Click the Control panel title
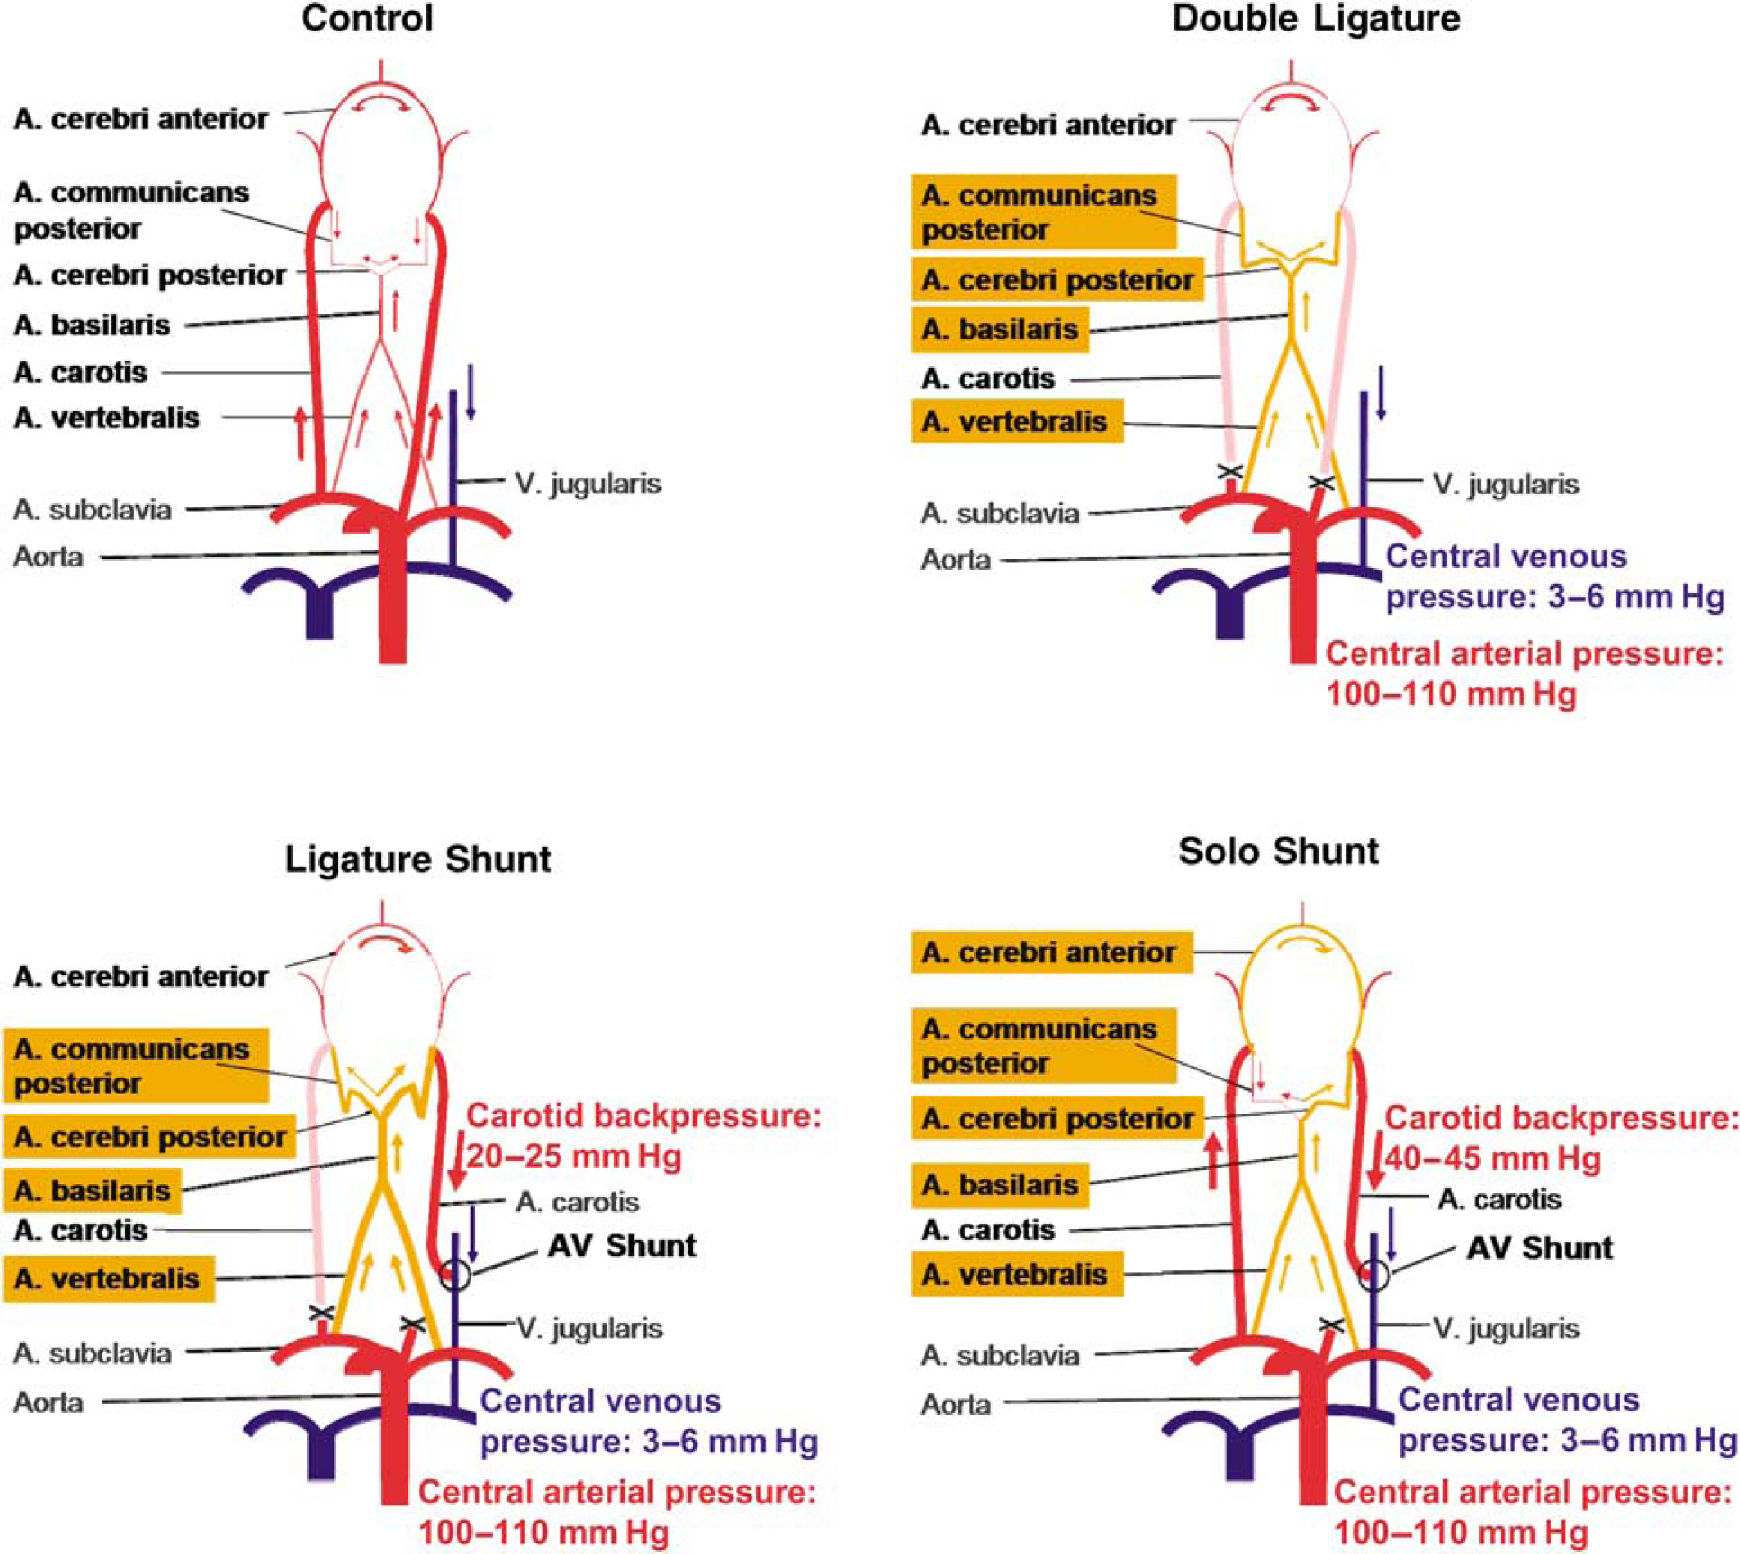[367, 19]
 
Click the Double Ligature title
[1315, 19]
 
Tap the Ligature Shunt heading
[417, 859]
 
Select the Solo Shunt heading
[1278, 852]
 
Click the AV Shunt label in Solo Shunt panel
[1539, 1247]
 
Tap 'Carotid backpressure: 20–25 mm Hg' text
[643, 1136]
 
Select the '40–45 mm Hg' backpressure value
[1492, 1159]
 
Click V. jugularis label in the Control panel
[588, 484]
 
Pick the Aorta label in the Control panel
[48, 557]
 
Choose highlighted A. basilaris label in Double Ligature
[1000, 329]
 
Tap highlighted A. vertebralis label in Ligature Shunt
[108, 1279]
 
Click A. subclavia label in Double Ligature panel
[1000, 513]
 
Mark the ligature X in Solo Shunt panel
[1331, 1325]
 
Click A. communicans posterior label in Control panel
[131, 210]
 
